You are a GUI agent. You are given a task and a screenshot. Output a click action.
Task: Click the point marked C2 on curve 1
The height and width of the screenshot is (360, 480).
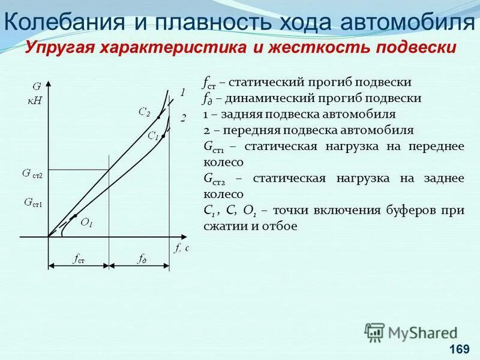pyautogui.click(x=158, y=116)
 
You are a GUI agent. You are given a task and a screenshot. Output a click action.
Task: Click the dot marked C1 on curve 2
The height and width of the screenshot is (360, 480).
pyautogui.click(x=163, y=137)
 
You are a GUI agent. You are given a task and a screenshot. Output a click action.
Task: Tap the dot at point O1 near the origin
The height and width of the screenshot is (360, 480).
pyautogui.click(x=75, y=215)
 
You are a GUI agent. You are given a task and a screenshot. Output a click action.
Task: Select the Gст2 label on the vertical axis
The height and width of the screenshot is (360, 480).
pyautogui.click(x=33, y=173)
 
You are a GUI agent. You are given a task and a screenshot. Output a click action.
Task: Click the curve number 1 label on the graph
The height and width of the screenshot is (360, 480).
pyautogui.click(x=183, y=92)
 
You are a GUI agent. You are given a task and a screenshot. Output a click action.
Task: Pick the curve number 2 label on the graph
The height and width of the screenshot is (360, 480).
pyautogui.click(x=184, y=118)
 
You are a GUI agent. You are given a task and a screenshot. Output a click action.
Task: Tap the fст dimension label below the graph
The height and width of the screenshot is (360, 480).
pyautogui.click(x=79, y=259)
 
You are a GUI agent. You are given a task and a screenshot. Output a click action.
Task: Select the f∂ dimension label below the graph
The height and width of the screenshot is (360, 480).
pyautogui.click(x=141, y=259)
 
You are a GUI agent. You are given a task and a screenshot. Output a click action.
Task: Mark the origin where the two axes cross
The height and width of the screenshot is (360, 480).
pyautogui.click(x=48, y=237)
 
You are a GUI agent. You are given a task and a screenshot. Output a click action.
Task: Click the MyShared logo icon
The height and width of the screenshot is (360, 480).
pyautogui.click(x=375, y=332)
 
